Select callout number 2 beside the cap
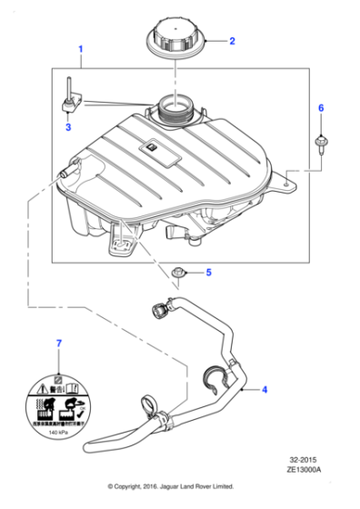click(x=231, y=41)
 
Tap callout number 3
click(x=66, y=127)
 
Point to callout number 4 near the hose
click(x=265, y=390)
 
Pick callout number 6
click(x=320, y=108)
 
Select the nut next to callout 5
click(x=179, y=271)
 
